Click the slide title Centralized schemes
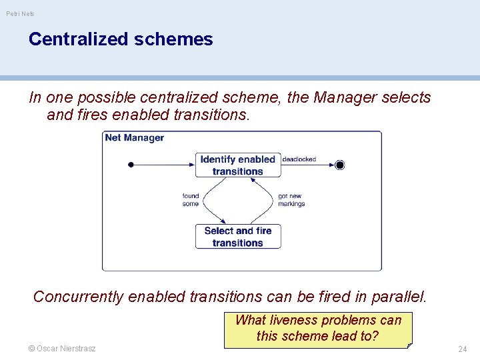121,39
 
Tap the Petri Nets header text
21,13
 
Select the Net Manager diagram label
134,138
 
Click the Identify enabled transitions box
238,165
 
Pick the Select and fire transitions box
238,237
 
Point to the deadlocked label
299,159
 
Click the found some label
191,200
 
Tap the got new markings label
291,200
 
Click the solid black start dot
131,165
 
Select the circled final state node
340,165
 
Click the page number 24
462,349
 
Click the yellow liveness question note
318,328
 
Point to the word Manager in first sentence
345,97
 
